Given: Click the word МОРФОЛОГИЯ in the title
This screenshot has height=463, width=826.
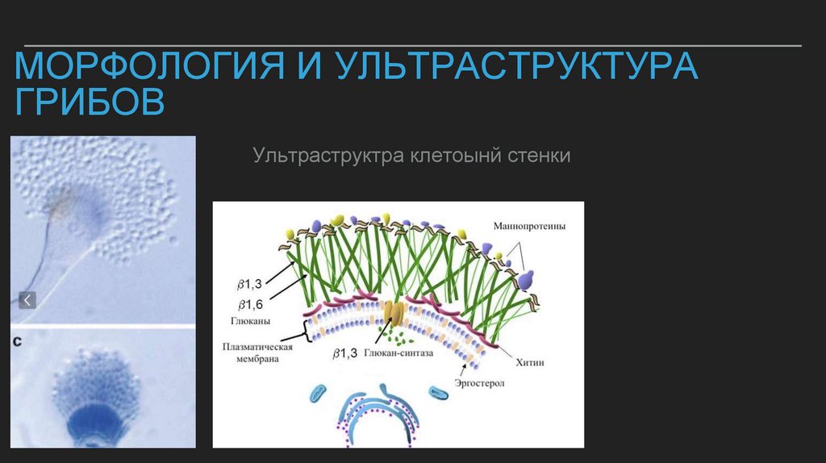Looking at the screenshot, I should click(149, 66).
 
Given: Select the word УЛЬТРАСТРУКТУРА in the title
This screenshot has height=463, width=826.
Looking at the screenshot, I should click(517, 66).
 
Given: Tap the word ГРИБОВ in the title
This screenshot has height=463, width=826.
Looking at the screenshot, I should click(90, 103).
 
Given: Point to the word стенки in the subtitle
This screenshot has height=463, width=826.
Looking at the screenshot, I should click(539, 155).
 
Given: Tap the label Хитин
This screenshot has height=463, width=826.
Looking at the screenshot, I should click(532, 363).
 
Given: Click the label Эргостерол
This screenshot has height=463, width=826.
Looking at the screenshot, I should click(479, 384).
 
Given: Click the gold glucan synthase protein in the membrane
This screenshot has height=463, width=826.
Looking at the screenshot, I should click(394, 313).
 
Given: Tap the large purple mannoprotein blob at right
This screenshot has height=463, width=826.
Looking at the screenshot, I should click(526, 280).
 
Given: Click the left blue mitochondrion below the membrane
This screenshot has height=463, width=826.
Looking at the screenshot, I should click(317, 393).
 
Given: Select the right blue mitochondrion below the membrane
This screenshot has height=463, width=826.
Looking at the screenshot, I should click(439, 394).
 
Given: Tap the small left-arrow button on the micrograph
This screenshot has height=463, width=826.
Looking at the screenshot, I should click(27, 301).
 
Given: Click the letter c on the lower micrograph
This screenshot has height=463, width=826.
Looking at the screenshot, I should click(18, 342).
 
